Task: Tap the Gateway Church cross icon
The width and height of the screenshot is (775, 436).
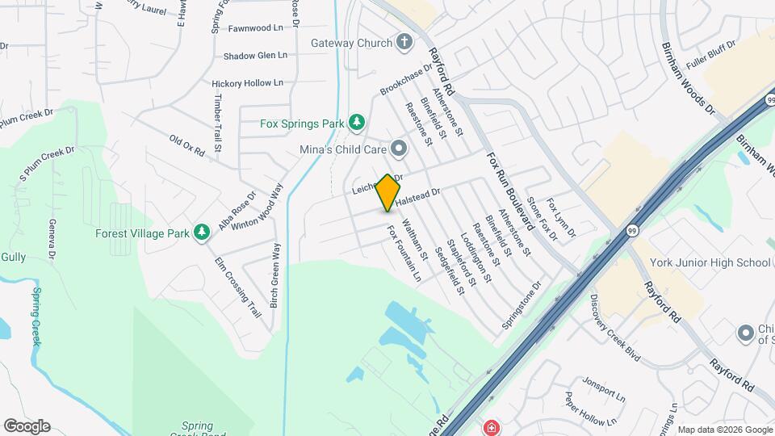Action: coord(404,42)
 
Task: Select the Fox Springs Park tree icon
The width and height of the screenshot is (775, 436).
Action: coord(356,123)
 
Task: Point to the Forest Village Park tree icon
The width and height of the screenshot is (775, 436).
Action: coord(202,233)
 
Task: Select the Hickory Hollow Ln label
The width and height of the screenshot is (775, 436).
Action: coord(248,83)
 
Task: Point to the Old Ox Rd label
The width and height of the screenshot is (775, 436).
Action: coord(186,145)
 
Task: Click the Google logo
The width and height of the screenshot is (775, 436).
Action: coord(26,426)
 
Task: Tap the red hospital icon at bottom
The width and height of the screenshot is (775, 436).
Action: coord(490,427)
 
